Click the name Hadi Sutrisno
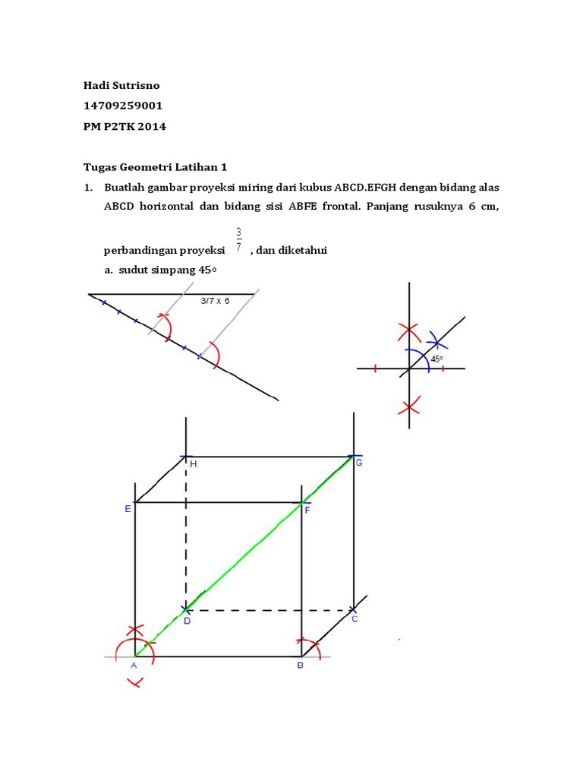pyautogui.click(x=121, y=84)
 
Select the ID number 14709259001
pyautogui.click(x=123, y=106)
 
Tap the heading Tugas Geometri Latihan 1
pyautogui.click(x=155, y=167)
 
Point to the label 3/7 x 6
pyautogui.click(x=215, y=300)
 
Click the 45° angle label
pyautogui.click(x=436, y=359)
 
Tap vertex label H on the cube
pyautogui.click(x=193, y=464)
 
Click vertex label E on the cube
pyautogui.click(x=128, y=510)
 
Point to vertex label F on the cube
pyautogui.click(x=307, y=511)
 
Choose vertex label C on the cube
pyautogui.click(x=354, y=619)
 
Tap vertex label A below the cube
pyautogui.click(x=134, y=666)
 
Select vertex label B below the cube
pyautogui.click(x=300, y=666)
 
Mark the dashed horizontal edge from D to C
pyautogui.click(x=269, y=609)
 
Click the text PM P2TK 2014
pyautogui.click(x=124, y=127)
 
